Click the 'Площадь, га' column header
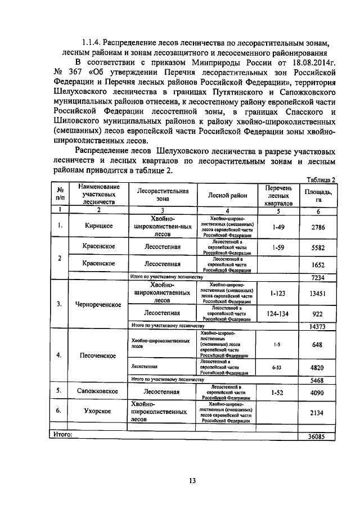pos(318,195)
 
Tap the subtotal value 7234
pos(318,277)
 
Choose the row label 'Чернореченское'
pos(98,304)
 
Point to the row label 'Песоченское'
pos(98,356)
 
